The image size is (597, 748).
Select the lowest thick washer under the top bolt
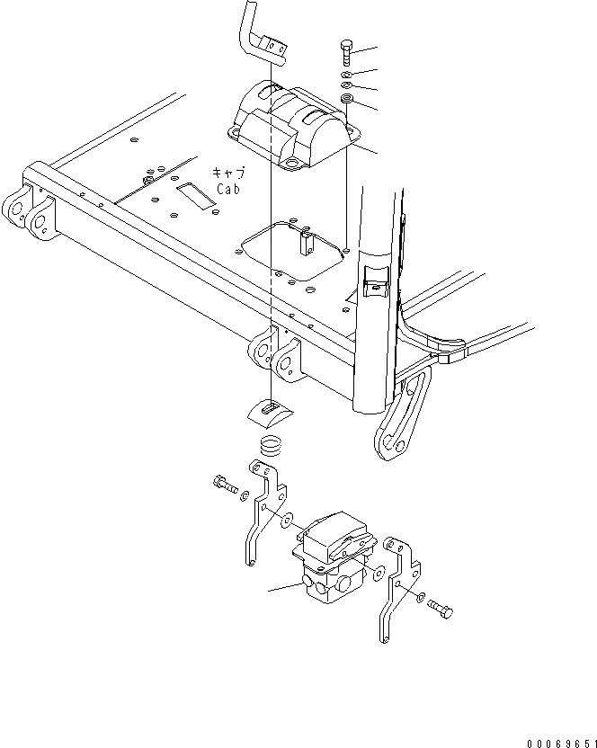click(347, 98)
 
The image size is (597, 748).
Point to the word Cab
click(228, 189)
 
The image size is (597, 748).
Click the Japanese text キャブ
click(228, 173)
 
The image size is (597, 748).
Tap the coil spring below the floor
click(271, 444)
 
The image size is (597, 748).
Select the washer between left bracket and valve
click(285, 520)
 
